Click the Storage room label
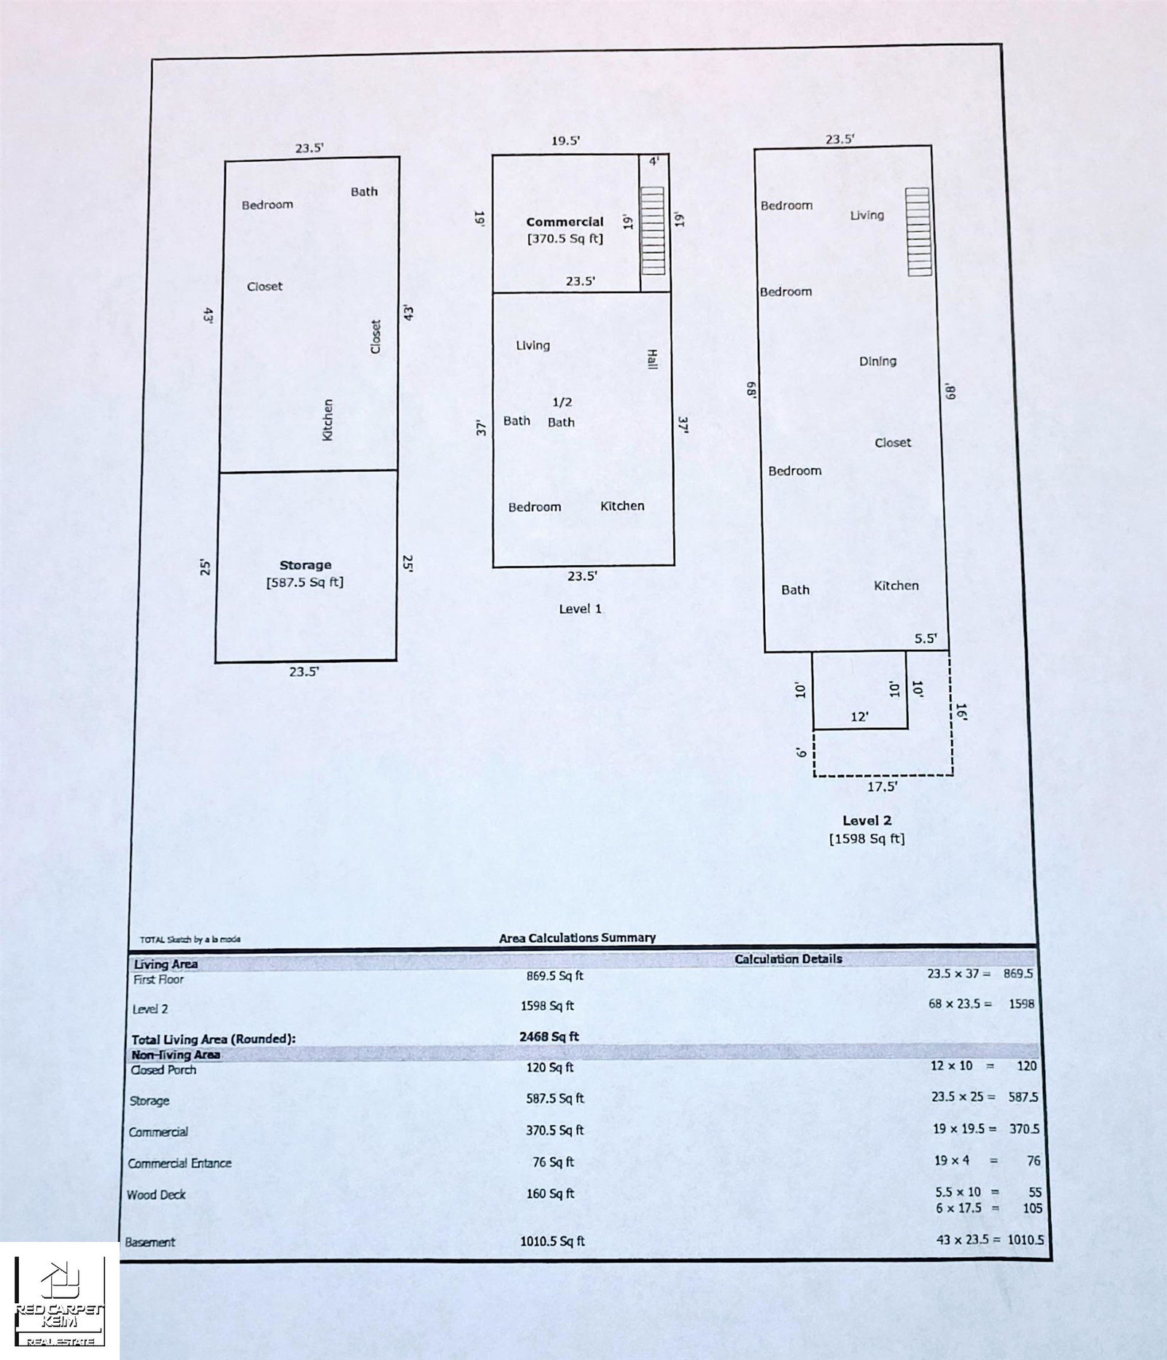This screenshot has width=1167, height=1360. (306, 565)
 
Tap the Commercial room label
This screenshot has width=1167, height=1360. (565, 222)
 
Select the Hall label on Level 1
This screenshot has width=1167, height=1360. (652, 359)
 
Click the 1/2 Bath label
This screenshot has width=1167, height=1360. (562, 412)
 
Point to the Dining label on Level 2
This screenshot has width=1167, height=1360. (878, 361)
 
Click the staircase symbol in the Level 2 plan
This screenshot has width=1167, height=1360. (919, 232)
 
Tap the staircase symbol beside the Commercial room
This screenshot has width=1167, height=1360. (653, 230)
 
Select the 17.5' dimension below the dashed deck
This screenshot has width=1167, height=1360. (883, 787)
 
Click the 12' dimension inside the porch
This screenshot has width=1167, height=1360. (860, 717)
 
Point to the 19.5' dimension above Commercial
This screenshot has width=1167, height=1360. (566, 141)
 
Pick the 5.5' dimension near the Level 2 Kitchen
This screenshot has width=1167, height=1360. (926, 639)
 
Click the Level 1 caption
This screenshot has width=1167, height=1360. (581, 609)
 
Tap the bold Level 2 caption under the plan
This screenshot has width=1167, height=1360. (867, 820)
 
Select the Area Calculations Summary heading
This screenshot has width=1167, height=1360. (578, 938)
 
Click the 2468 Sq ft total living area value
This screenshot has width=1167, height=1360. (549, 1036)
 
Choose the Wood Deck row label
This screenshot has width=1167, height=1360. (156, 1194)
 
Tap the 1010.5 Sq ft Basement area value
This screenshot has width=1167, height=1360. (552, 1241)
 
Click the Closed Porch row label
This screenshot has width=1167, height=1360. (163, 1070)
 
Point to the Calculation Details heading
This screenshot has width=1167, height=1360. (788, 959)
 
